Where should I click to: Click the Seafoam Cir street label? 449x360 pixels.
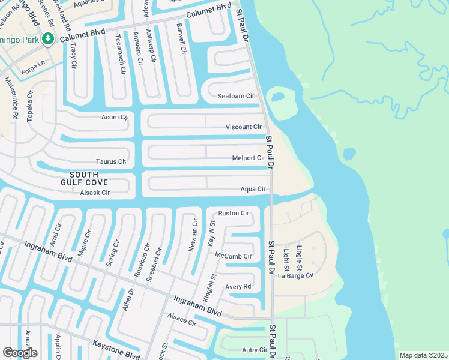coord(235,96)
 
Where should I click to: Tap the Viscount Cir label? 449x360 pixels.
coord(243,127)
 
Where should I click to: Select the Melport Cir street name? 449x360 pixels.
coord(249,158)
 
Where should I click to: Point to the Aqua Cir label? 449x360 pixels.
coord(253,189)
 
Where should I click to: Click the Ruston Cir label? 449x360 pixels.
coord(234,213)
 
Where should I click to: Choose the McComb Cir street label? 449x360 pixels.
coord(233,256)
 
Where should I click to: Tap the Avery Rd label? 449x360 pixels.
coord(238,286)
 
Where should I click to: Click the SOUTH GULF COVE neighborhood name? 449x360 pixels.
coord(84,178)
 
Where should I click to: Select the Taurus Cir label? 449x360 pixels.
coord(111,161)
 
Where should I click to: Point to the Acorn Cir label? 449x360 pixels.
coord(115,117)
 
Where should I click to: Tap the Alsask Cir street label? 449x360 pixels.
coord(95,193)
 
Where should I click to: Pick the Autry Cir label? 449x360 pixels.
coord(255,350)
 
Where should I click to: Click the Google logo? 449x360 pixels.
coord(20,353)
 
